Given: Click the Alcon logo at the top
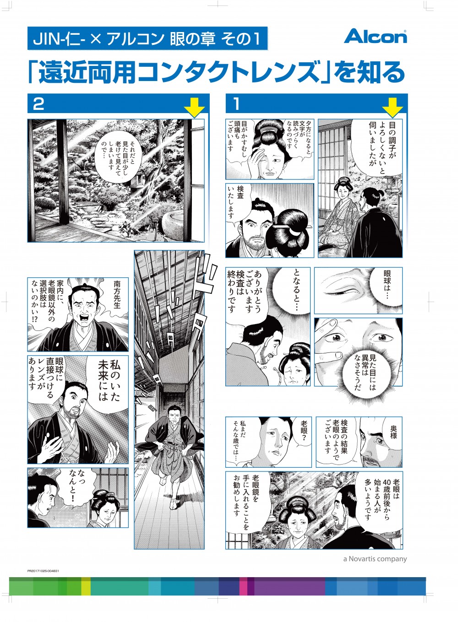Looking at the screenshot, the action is point(375,36).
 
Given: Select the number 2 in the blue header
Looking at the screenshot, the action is point(38,104).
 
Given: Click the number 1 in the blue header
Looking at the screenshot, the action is point(236,104).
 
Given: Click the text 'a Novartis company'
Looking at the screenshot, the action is point(375,558).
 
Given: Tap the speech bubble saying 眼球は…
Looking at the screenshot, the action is point(387,285).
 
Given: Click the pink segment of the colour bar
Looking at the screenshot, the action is point(243,586).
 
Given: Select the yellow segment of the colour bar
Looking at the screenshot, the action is point(86,586).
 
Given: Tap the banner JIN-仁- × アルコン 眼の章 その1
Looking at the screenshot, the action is point(147,38).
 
